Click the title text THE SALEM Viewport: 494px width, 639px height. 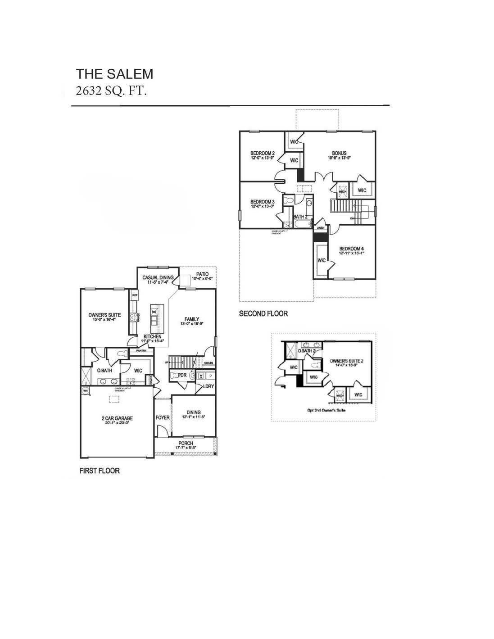pos(114,74)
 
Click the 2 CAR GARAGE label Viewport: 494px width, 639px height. pos(117,418)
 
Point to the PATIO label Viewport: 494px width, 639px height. pos(202,274)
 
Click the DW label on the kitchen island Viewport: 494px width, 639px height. pos(154,312)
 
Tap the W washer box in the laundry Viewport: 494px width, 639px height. pos(201,375)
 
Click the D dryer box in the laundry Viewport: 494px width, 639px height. pos(210,375)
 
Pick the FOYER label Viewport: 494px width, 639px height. pos(163,417)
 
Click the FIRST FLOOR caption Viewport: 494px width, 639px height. pos(100,471)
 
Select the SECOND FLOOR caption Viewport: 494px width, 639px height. pos(263,313)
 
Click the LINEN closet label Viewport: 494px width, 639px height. pos(321,228)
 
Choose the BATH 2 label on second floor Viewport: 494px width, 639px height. pos(300,217)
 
